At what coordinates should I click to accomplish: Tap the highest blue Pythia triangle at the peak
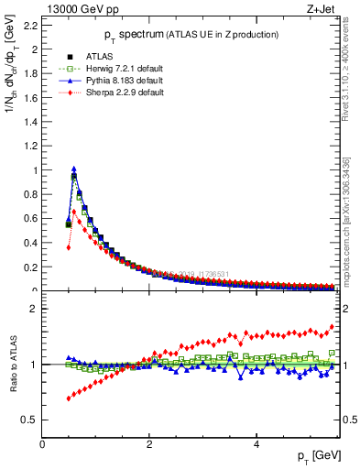click(x=74, y=169)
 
